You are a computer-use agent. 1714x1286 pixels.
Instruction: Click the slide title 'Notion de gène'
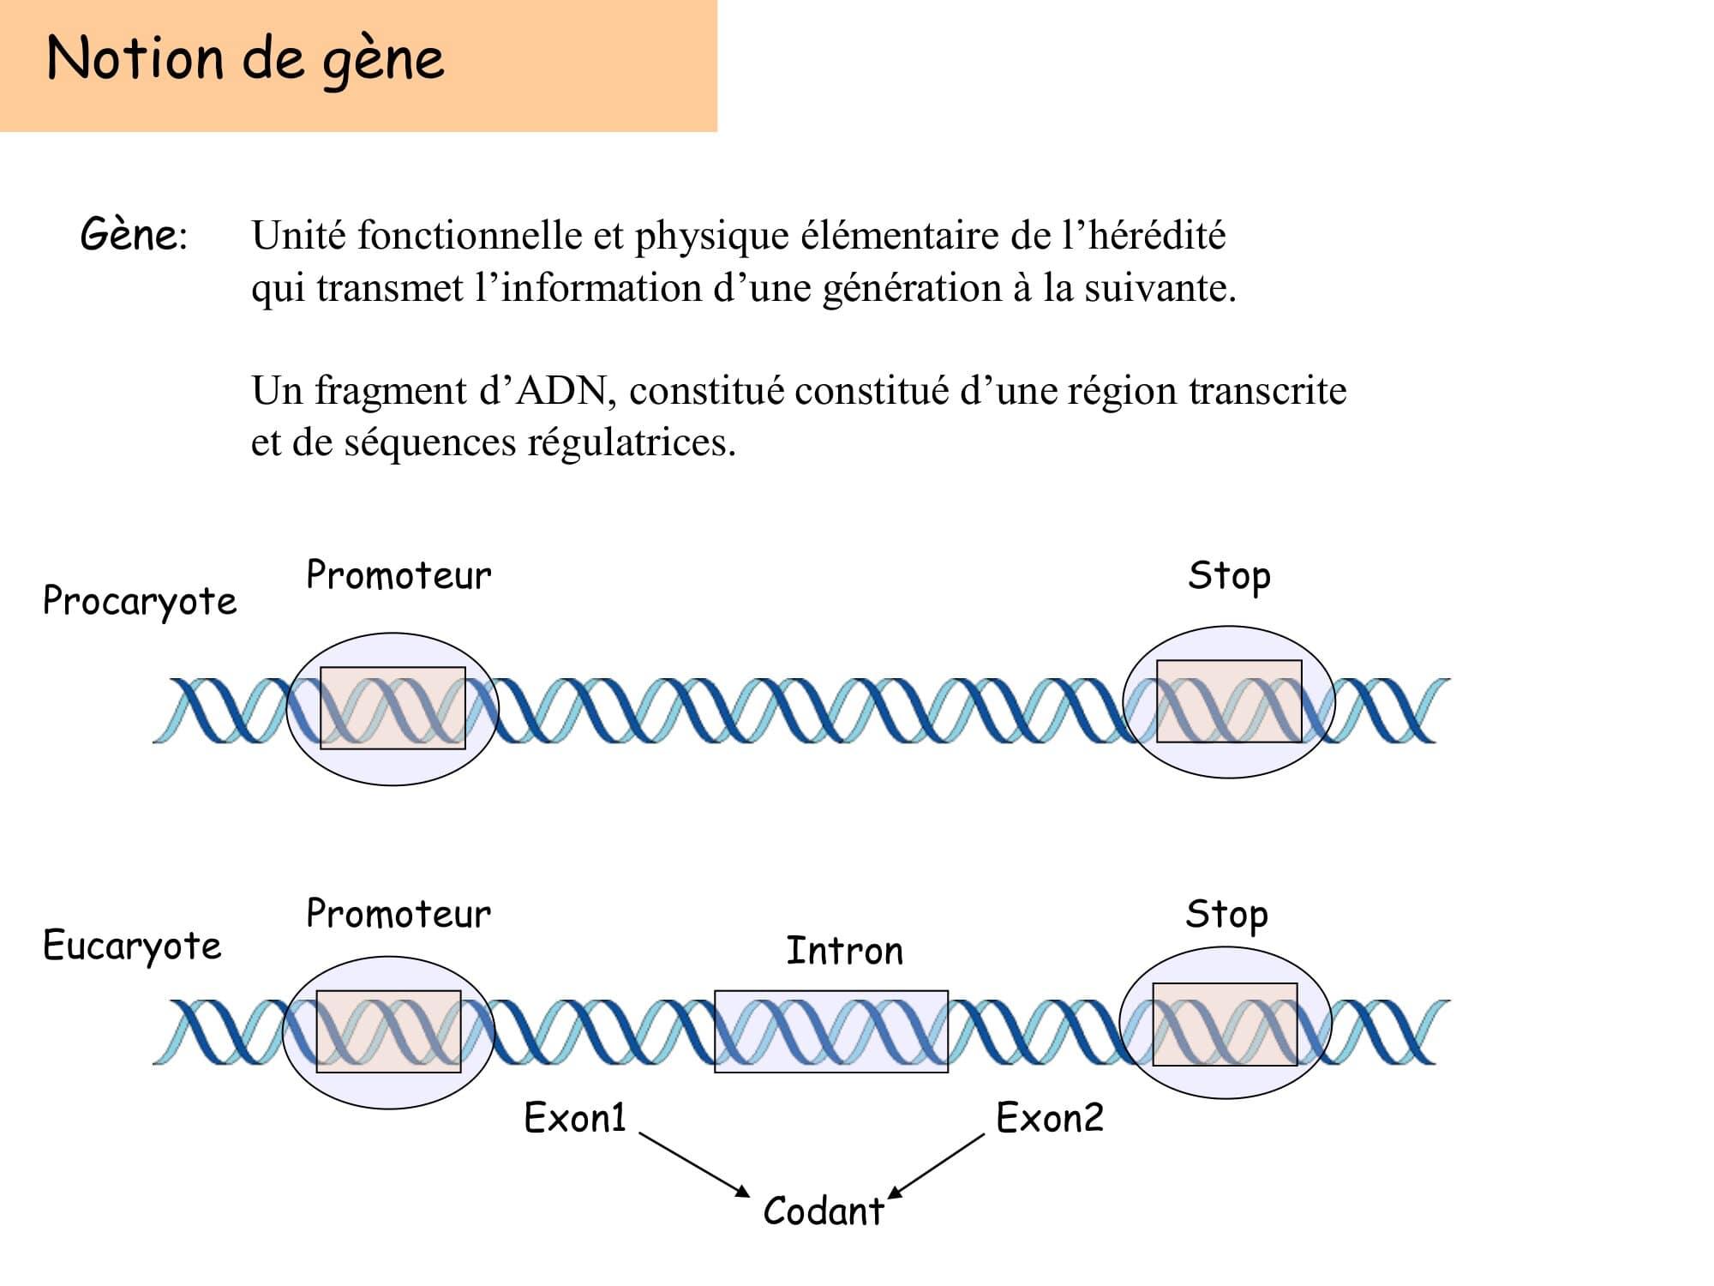click(245, 59)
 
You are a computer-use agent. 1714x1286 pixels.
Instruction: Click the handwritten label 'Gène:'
click(134, 234)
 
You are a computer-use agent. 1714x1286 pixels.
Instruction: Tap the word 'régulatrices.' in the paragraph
click(632, 442)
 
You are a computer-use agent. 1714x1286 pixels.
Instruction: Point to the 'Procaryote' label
click(140, 601)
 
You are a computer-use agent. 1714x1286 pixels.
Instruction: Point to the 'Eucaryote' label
click(132, 946)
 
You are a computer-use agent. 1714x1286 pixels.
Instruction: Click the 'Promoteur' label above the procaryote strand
click(399, 575)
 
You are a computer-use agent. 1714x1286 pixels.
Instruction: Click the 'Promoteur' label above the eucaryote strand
click(399, 914)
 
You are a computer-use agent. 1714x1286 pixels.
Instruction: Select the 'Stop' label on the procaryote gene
click(1229, 577)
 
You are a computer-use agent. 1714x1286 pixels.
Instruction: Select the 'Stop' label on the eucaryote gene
click(1226, 916)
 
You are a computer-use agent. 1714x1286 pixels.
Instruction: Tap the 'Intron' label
click(844, 951)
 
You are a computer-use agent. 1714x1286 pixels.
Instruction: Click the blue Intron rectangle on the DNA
click(831, 1031)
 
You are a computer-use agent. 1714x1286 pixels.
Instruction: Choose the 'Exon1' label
click(575, 1118)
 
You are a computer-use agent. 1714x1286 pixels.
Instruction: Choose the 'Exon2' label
click(1050, 1118)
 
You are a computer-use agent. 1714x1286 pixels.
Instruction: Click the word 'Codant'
click(824, 1211)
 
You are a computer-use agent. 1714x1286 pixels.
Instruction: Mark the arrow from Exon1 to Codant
click(695, 1165)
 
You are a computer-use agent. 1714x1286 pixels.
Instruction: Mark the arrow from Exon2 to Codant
click(936, 1167)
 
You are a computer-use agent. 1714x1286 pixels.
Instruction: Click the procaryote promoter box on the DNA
click(393, 708)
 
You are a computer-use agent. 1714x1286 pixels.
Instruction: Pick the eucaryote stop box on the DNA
click(1225, 1025)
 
